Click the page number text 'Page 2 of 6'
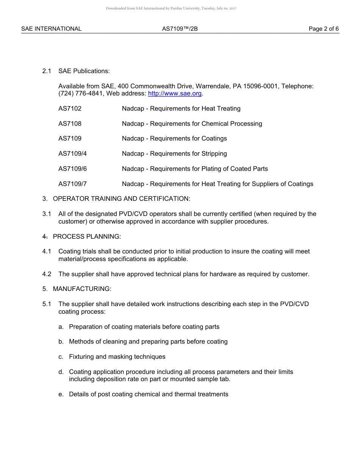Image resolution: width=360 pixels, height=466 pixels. pyautogui.click(x=324, y=29)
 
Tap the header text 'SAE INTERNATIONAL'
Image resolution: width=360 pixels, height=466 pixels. pyautogui.click(x=51, y=29)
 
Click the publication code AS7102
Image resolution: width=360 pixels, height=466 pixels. pyautogui.click(x=70, y=109)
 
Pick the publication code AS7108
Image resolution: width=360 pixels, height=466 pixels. pyautogui.click(x=70, y=124)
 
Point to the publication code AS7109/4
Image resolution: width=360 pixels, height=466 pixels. pyautogui.click(x=72, y=154)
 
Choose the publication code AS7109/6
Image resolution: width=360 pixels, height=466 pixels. pyautogui.click(x=72, y=169)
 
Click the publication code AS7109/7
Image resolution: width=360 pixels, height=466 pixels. pyautogui.click(x=72, y=184)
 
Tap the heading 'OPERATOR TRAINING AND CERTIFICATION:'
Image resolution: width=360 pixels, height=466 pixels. pyautogui.click(x=121, y=199)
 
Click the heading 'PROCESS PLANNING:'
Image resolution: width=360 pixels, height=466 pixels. pyautogui.click(x=87, y=237)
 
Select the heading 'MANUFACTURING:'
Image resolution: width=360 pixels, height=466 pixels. pyautogui.click(x=82, y=289)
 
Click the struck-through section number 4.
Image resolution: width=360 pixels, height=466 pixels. pyautogui.click(x=45, y=237)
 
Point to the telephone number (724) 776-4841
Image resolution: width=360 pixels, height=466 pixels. pyautogui.click(x=81, y=94)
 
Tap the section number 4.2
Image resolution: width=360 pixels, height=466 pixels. pyautogui.click(x=47, y=274)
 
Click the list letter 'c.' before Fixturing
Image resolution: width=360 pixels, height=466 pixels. pyautogui.click(x=61, y=357)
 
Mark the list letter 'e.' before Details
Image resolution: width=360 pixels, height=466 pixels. pyautogui.click(x=61, y=394)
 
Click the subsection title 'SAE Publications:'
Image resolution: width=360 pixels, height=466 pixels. pyautogui.click(x=84, y=71)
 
